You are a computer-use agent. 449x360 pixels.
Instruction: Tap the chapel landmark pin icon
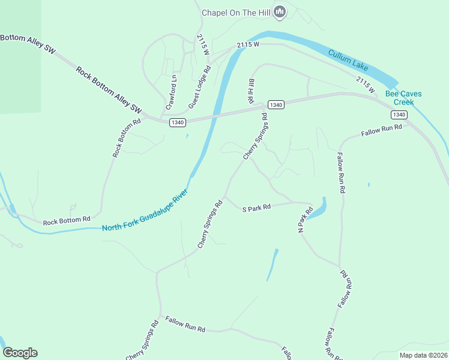(x=279, y=11)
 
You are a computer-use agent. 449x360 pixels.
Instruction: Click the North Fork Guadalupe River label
(x=145, y=212)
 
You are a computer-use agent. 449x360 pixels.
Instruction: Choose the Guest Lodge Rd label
(x=199, y=87)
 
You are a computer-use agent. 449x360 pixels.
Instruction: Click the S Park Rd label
(x=256, y=208)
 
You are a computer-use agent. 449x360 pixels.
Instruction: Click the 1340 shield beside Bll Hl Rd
(x=276, y=104)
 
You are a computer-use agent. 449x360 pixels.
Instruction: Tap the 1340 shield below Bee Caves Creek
(x=399, y=114)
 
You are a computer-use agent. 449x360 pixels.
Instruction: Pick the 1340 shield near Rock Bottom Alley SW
(x=177, y=122)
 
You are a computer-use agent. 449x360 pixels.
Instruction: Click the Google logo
(x=20, y=353)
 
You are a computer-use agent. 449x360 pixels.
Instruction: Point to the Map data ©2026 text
(x=423, y=355)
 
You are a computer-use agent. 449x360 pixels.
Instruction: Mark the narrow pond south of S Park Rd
(x=273, y=264)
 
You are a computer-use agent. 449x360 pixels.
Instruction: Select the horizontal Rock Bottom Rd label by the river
(x=66, y=221)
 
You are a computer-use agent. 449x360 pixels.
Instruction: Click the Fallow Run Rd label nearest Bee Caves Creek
(x=381, y=130)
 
